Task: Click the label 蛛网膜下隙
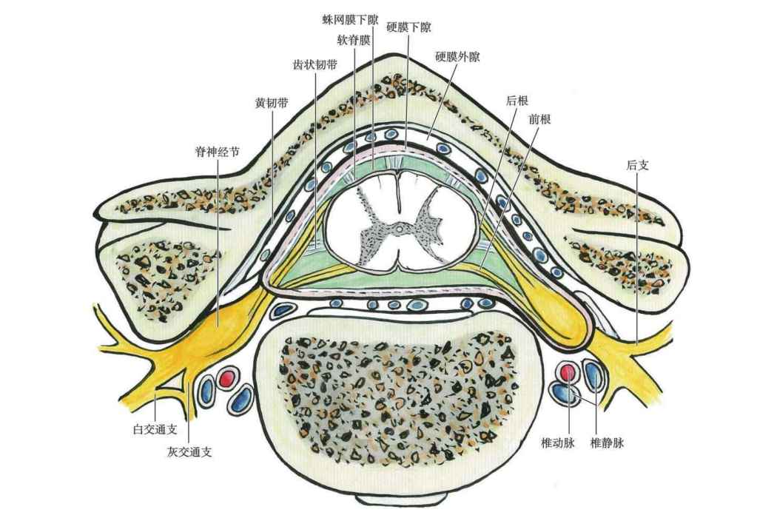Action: point(350,20)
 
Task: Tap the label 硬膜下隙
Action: point(408,28)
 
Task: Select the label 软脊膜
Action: point(354,41)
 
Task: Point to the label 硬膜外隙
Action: point(457,57)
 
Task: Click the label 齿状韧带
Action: point(315,64)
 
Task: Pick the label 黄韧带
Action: point(272,103)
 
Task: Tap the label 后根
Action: point(517,101)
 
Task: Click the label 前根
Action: point(539,119)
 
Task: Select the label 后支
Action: point(638,165)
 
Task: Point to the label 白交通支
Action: point(155,429)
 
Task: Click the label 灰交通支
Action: point(189,452)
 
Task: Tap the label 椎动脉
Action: point(558,443)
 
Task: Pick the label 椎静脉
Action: point(607,443)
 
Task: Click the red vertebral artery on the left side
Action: point(227,379)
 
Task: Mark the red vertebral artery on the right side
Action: point(568,371)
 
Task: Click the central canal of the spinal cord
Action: point(398,229)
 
